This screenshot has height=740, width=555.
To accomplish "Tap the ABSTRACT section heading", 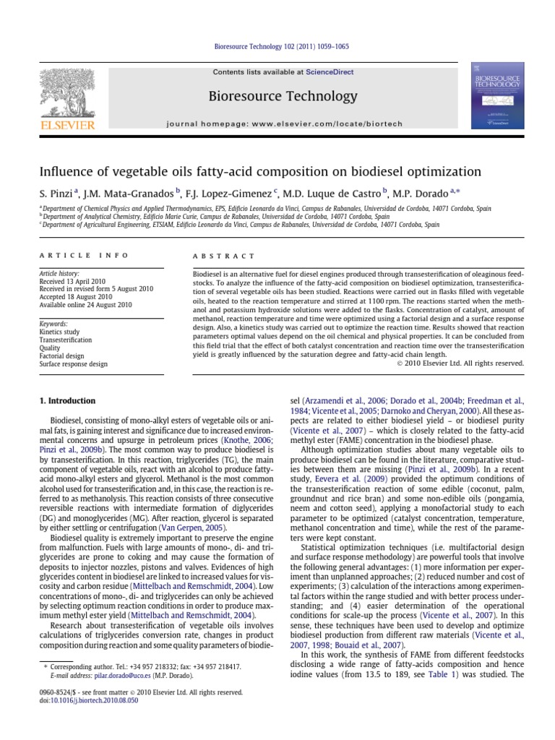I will pos(223,256).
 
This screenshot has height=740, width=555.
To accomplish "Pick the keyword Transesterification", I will pos(66,340).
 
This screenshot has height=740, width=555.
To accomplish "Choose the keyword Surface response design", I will pos(74,364).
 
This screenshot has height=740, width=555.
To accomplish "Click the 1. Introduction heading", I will pos(66,400).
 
